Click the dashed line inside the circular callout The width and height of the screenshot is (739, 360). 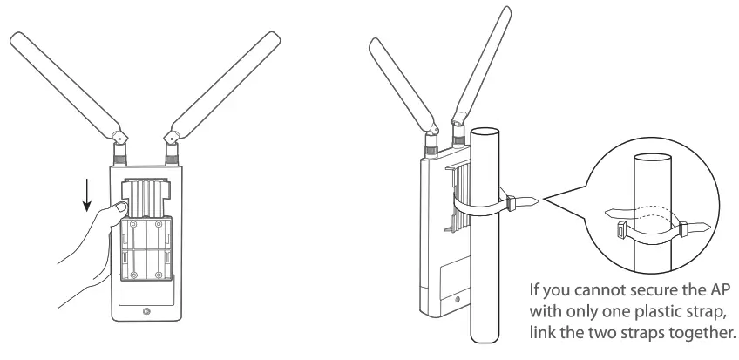pos(646,209)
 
